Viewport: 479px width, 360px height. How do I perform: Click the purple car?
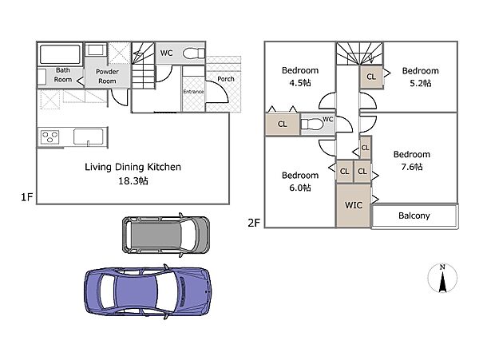point(147,291)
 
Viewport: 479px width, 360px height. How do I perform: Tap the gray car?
point(166,235)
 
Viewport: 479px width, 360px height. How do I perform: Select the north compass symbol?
point(442,278)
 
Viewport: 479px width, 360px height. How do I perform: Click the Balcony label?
point(414,216)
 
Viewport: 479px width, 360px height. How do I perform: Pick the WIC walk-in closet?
point(354,205)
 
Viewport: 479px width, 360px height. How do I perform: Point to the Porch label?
point(226,79)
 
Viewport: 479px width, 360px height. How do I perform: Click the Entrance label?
point(193,92)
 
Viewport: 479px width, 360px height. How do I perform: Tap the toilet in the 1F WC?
point(194,53)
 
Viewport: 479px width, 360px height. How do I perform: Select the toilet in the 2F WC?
point(312,125)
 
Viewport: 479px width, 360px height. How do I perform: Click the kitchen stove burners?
point(49,136)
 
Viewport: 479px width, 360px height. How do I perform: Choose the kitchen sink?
point(88,136)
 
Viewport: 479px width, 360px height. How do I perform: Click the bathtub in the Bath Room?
point(60,54)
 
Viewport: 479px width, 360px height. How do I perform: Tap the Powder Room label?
point(107,77)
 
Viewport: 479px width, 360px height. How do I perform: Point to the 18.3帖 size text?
point(133,181)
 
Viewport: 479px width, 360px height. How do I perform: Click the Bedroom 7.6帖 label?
point(412,160)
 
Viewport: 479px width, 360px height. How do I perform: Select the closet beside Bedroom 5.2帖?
point(371,77)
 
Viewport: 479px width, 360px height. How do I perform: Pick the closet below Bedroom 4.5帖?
point(283,124)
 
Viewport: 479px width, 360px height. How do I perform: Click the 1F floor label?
point(26,197)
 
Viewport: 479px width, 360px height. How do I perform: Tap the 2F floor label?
point(254,223)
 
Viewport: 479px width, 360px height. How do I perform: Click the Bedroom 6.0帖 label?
point(300,181)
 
